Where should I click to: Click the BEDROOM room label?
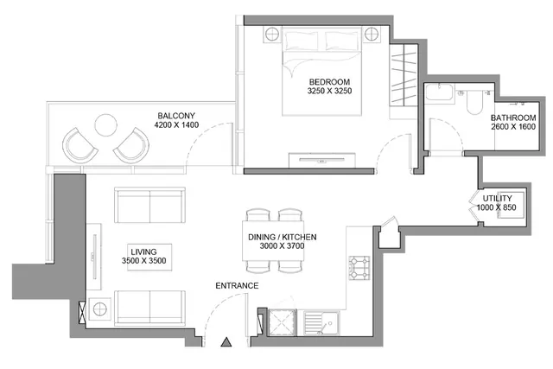click(329, 82)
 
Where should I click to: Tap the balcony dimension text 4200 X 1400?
click(176, 125)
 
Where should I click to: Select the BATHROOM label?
click(513, 118)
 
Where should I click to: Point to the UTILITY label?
click(497, 198)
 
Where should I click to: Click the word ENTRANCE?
click(237, 286)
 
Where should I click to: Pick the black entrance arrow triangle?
click(226, 342)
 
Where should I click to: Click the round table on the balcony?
click(105, 125)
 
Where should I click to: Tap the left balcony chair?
click(79, 146)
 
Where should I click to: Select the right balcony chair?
click(132, 146)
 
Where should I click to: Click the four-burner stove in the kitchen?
click(359, 268)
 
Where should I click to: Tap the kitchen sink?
click(321, 322)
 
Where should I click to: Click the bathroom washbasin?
click(439, 92)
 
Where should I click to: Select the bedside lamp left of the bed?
click(272, 35)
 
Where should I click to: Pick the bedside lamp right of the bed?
click(372, 35)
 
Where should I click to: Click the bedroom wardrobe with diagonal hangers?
click(404, 75)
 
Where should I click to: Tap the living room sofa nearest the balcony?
click(149, 205)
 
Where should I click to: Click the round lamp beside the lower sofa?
click(100, 309)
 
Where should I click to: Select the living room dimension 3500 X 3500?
click(144, 261)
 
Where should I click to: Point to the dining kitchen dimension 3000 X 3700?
click(283, 246)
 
